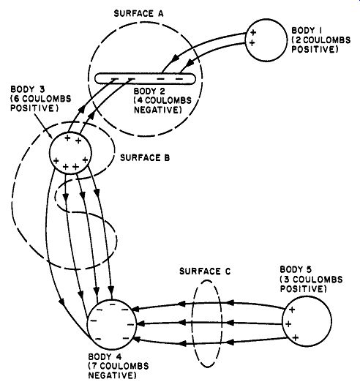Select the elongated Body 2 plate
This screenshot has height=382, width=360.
pos(145,79)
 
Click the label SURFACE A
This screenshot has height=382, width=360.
pos(138,13)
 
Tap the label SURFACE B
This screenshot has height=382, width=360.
pos(145,158)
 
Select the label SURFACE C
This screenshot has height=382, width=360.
pos(205,271)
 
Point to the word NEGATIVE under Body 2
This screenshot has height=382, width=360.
pos(158,110)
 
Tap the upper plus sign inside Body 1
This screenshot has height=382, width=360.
pos(253,32)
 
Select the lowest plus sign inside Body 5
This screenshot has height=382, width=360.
pos(296,338)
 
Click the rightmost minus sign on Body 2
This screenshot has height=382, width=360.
pos(179,79)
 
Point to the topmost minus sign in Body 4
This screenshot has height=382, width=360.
pos(113,304)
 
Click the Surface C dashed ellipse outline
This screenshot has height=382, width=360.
pos(192,324)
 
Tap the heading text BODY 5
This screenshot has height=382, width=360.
pos(296,269)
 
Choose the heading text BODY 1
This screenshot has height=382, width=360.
pos(307,31)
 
